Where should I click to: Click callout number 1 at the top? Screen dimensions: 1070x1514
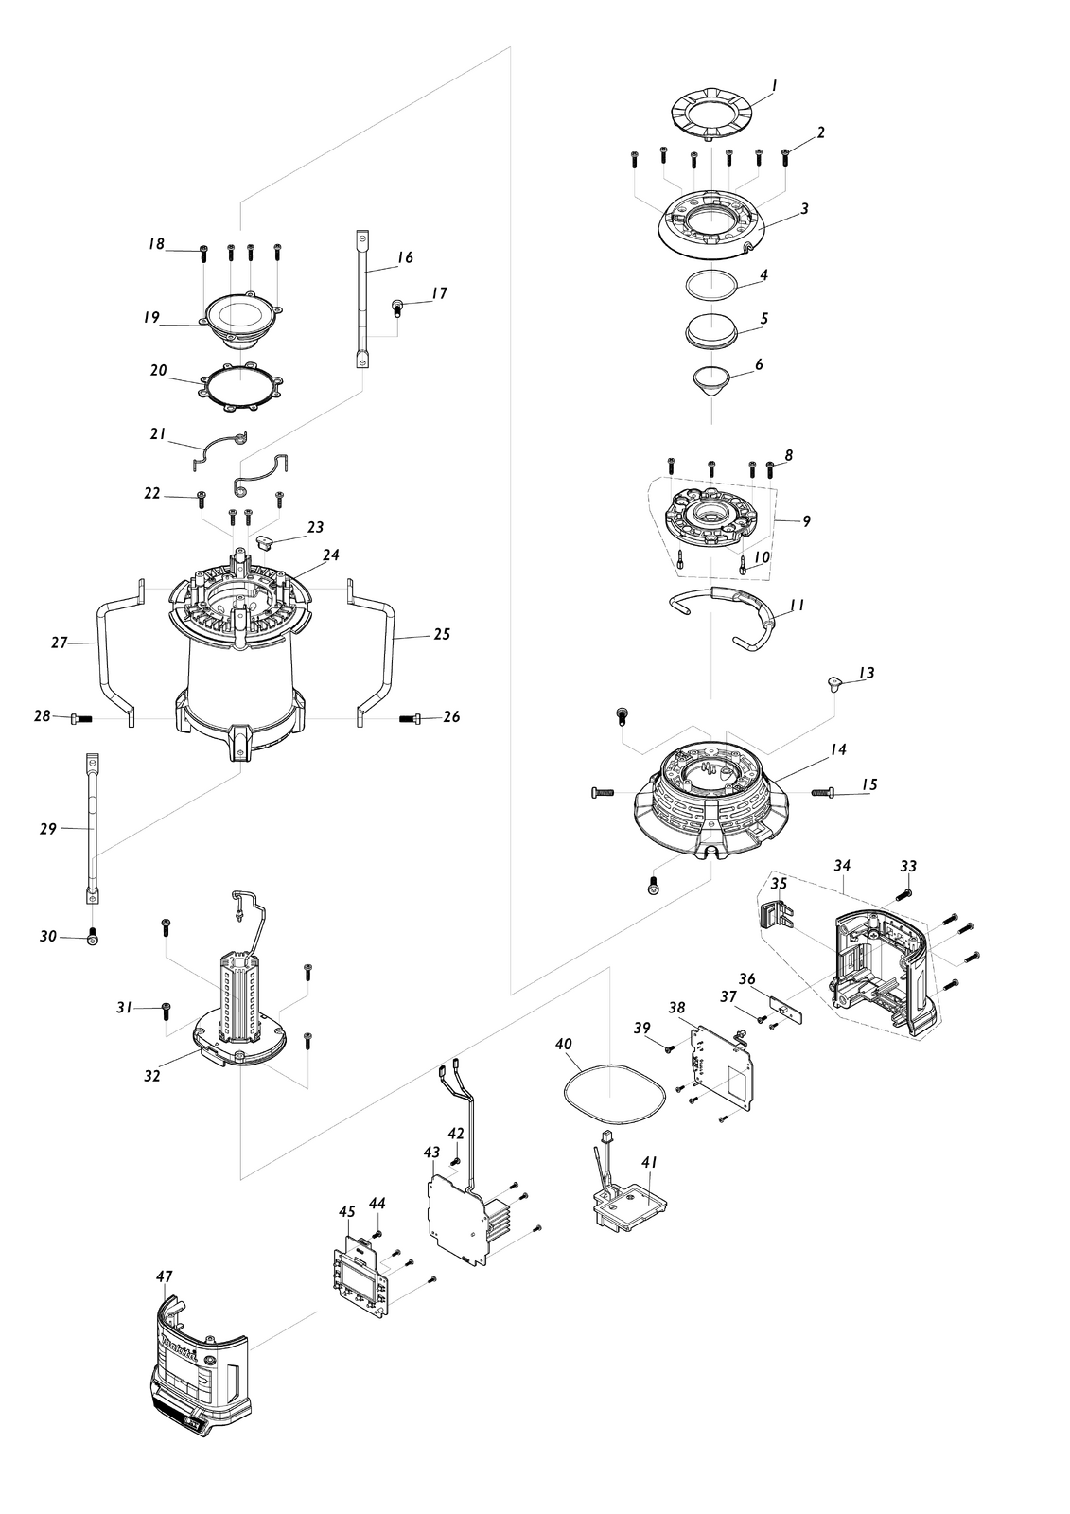(774, 85)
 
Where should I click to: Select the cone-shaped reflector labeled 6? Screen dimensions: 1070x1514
(712, 382)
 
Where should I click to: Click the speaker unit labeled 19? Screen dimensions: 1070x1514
(241, 323)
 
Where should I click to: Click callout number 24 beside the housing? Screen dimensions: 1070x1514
(330, 555)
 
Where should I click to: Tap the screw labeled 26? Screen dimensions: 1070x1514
(411, 717)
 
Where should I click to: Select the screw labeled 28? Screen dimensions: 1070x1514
(81, 719)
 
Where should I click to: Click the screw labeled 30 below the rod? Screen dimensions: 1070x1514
(93, 938)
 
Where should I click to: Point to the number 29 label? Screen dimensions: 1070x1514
(48, 828)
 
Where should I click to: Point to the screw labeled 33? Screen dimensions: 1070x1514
(903, 894)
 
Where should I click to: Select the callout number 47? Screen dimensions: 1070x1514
(165, 1276)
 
